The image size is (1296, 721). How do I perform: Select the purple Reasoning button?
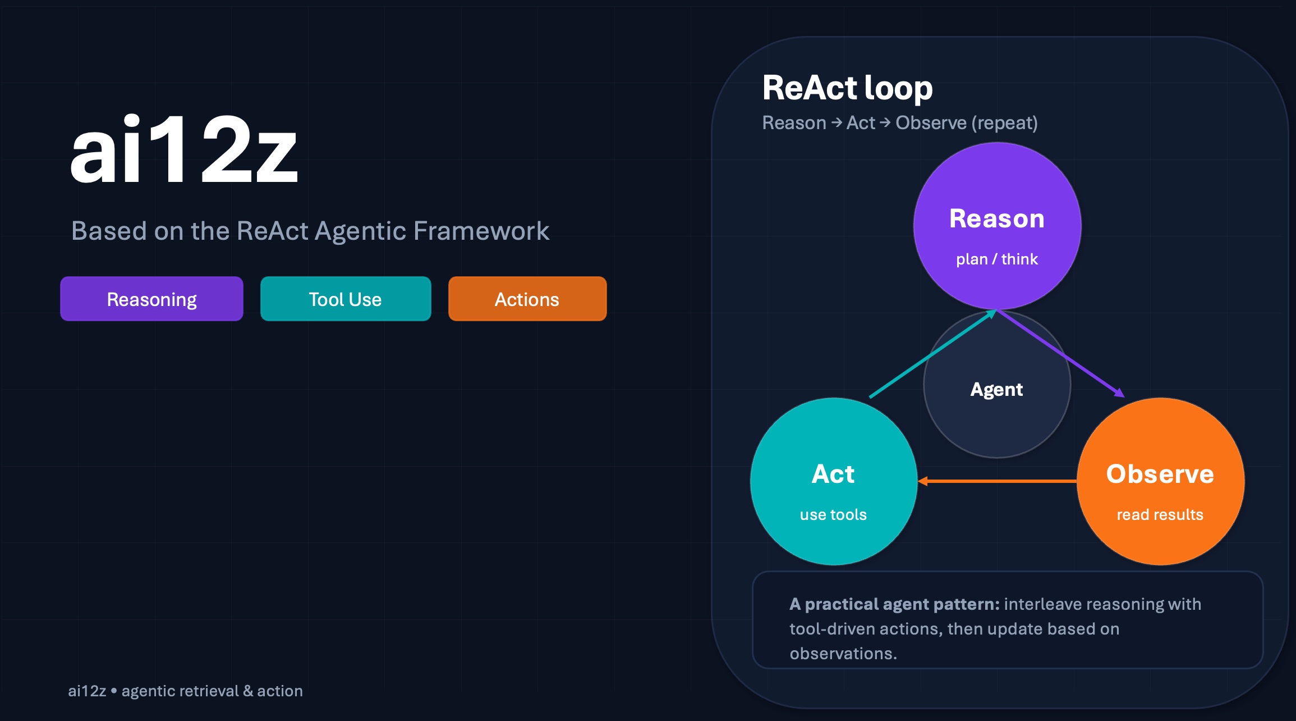click(151, 299)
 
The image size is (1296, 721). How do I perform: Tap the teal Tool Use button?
click(346, 299)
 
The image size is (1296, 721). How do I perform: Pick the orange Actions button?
click(527, 299)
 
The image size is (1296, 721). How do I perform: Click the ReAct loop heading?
click(847, 88)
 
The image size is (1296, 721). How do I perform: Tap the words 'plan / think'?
click(997, 259)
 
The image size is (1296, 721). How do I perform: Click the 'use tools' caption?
click(834, 514)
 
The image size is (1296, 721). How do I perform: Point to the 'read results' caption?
click(1160, 514)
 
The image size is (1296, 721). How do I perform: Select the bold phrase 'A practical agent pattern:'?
click(894, 604)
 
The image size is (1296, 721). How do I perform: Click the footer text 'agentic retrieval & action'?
click(212, 691)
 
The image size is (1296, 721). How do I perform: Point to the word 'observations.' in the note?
click(843, 654)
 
